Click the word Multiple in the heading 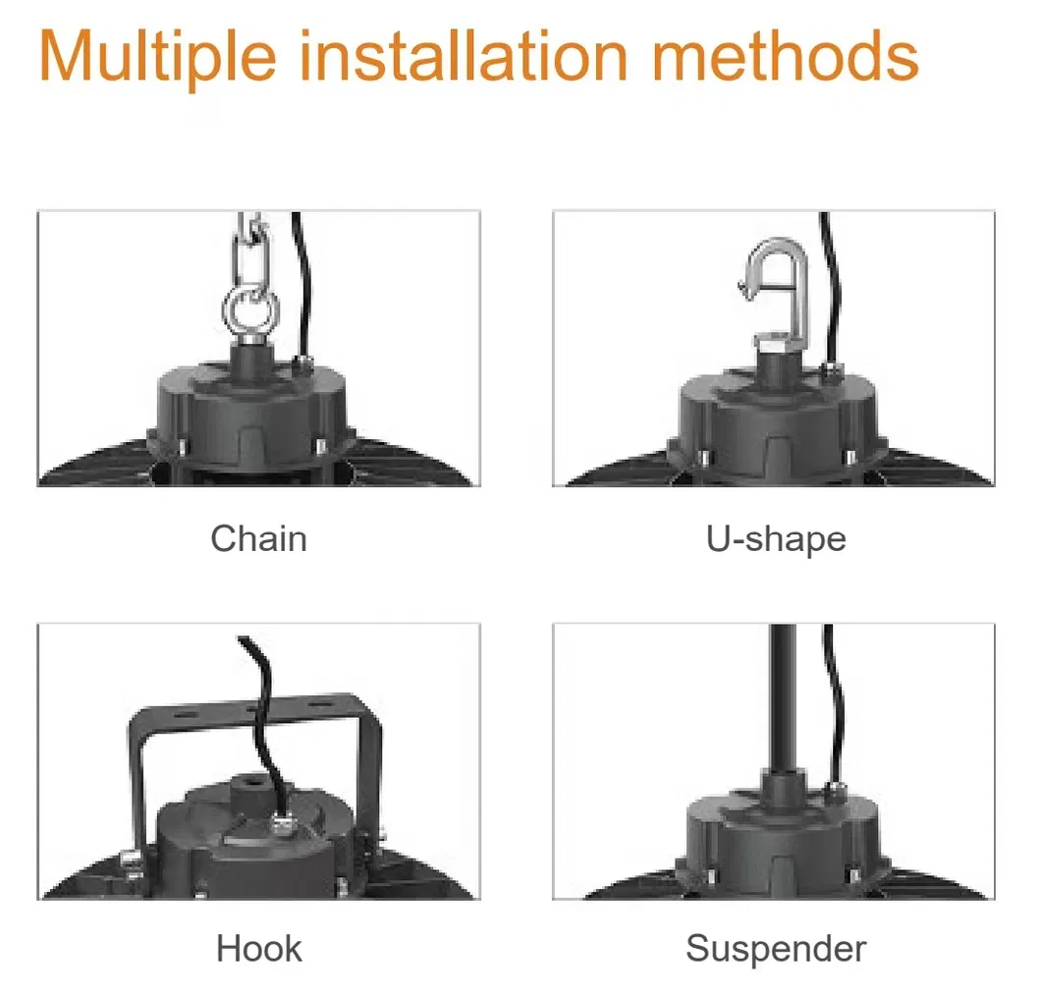point(158,57)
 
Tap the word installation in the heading point(464,56)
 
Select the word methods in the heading point(786,56)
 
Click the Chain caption point(258,538)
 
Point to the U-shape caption point(776,538)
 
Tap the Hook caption point(258,948)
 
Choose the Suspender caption point(776,949)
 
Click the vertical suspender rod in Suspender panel point(784,696)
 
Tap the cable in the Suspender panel point(833,703)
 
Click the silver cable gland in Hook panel point(283,826)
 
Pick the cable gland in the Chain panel point(304,362)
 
